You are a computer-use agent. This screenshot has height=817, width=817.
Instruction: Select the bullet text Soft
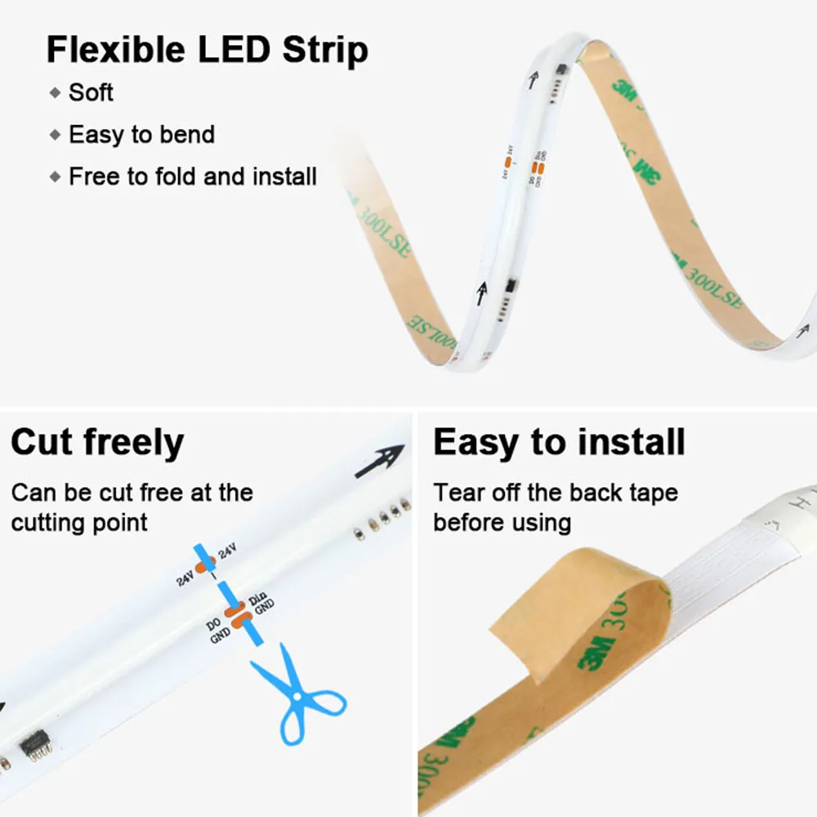pyautogui.click(x=91, y=92)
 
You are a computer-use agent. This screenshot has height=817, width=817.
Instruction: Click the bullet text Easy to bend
pyautogui.click(x=141, y=135)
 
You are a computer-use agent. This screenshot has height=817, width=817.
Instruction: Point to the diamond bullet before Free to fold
pyautogui.click(x=56, y=176)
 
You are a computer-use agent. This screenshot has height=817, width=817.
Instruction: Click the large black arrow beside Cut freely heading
pyautogui.click(x=380, y=462)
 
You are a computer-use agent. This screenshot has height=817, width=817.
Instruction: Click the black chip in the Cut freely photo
pyautogui.click(x=33, y=744)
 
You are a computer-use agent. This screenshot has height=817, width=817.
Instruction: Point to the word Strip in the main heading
pyautogui.click(x=325, y=50)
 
